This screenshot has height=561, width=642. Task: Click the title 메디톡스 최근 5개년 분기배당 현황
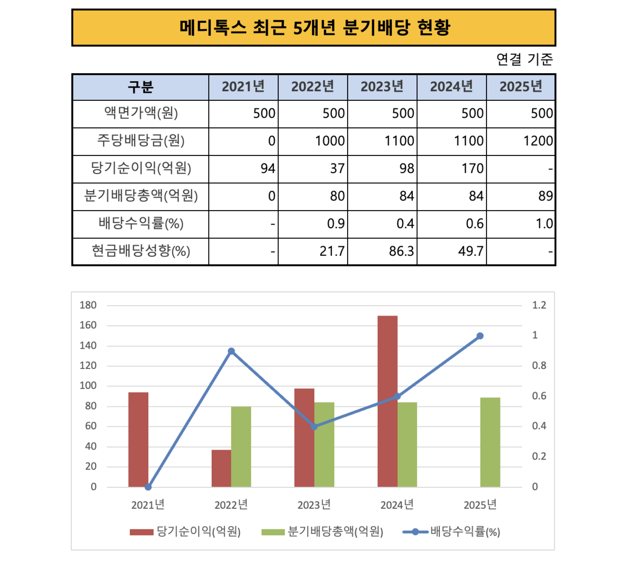pyautogui.click(x=314, y=28)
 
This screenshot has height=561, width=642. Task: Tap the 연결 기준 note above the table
pyautogui.click(x=524, y=59)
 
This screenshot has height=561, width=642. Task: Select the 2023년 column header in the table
pyautogui.click(x=382, y=87)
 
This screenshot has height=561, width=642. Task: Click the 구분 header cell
pyautogui.click(x=140, y=87)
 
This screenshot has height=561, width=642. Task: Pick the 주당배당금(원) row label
pyautogui.click(x=140, y=141)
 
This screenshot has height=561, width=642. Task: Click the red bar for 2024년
pyautogui.click(x=387, y=401)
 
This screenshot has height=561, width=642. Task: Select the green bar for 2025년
pyautogui.click(x=490, y=442)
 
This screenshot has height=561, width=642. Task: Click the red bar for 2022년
pyautogui.click(x=221, y=468)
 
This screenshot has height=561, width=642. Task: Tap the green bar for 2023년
pyautogui.click(x=324, y=444)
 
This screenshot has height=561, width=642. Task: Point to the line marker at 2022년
pyautogui.click(x=231, y=351)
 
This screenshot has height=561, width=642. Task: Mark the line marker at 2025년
pyautogui.click(x=480, y=336)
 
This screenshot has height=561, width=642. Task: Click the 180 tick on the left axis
pyautogui.click(x=88, y=305)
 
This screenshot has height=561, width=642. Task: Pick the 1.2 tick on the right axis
pyautogui.click(x=539, y=305)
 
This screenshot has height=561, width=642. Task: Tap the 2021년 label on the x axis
pyautogui.click(x=148, y=505)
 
